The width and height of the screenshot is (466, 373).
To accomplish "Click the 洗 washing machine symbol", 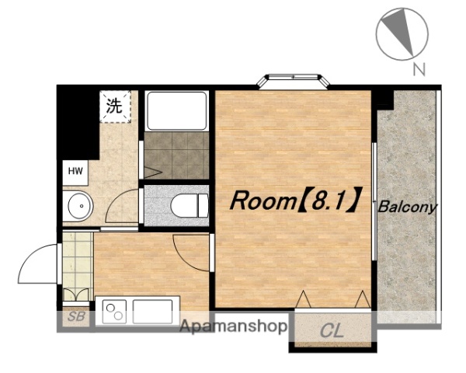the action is pos(115,106).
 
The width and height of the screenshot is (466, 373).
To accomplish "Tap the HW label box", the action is pos(75,171).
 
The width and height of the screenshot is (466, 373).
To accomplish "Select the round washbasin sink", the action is pos(81,206).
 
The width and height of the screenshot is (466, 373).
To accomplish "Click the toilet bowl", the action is pos(190,205).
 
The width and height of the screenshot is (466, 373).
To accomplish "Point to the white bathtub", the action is pos(177,111).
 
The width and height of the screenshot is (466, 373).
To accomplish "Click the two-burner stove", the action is pos(114,312).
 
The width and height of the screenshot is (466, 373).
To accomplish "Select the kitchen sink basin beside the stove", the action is pos(152,312).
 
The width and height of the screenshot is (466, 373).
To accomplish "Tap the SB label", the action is pos(76,316).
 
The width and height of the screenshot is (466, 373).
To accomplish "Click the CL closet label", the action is pos(332,330).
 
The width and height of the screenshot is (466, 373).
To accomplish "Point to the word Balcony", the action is pos(408,207).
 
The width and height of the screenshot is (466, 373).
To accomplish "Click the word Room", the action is pos(263,200).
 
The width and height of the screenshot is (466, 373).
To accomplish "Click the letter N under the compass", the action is pos(419,69).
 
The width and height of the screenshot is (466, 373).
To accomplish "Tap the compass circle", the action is pos(402,34).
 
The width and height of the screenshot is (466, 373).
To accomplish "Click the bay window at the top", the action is pos(294,80).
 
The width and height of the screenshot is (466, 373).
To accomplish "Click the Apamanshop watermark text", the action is pos(233,327).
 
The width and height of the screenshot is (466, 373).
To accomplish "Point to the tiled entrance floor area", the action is pos(77,261).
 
